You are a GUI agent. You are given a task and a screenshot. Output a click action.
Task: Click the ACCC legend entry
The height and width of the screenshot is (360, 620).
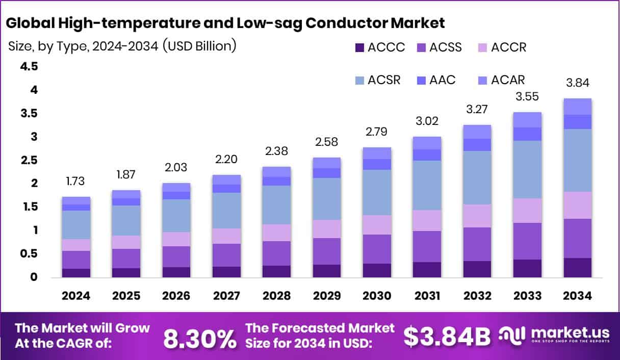pyautogui.click(x=379, y=48)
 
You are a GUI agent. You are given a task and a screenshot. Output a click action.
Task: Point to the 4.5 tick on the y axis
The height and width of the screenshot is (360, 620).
pyautogui.click(x=29, y=67)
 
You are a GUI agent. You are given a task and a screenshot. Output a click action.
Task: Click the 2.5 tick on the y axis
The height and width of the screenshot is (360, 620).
pyautogui.click(x=29, y=161)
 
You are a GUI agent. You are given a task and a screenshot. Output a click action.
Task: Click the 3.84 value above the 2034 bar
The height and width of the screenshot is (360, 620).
pyautogui.click(x=577, y=83)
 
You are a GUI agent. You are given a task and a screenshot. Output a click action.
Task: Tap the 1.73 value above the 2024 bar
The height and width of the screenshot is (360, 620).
pyautogui.click(x=76, y=181)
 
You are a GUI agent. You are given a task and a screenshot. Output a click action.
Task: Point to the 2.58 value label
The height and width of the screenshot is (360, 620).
pyautogui.click(x=327, y=142)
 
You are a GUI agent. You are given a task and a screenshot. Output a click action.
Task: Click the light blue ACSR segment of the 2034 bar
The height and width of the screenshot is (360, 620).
pyautogui.click(x=577, y=160)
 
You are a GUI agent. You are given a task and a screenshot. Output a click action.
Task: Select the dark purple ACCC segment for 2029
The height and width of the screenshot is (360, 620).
pyautogui.click(x=327, y=271)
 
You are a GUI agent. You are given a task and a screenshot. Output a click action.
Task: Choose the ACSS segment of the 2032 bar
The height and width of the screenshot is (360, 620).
pyautogui.click(x=477, y=244)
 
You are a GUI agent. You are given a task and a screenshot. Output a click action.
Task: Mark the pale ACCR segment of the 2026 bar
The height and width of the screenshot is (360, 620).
pyautogui.click(x=176, y=239)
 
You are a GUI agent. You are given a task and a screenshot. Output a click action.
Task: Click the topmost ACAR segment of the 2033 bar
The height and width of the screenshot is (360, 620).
pyautogui.click(x=527, y=120)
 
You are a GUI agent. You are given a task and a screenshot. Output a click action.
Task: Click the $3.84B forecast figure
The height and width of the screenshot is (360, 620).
pyautogui.click(x=447, y=336)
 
